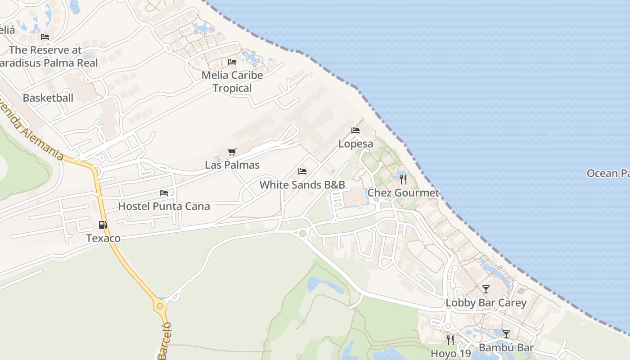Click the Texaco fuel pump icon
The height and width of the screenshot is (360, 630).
(x=103, y=225)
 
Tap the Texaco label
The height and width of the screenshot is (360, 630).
(x=103, y=238)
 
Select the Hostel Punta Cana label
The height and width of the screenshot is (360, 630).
(x=164, y=206)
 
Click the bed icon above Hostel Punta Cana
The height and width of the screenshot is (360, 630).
(x=164, y=193)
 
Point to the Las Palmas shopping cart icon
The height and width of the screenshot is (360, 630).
(x=232, y=152)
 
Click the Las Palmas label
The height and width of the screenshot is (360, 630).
(x=232, y=165)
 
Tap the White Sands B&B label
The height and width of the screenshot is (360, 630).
(x=302, y=184)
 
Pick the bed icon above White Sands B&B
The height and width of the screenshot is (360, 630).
(x=302, y=171)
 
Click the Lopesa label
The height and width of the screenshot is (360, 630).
(x=355, y=144)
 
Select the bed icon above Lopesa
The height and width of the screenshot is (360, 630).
(x=355, y=130)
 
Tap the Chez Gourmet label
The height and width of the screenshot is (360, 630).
(x=403, y=193)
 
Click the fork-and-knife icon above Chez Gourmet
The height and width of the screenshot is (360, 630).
(x=403, y=180)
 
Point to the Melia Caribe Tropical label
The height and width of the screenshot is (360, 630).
(x=232, y=81)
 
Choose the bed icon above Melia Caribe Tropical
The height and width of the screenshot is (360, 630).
(x=232, y=62)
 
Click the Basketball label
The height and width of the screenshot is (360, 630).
(x=48, y=98)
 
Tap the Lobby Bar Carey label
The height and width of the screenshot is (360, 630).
(x=486, y=302)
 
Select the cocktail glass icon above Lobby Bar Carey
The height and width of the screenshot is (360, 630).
(x=486, y=289)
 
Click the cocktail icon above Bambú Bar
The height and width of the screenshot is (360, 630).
(x=506, y=334)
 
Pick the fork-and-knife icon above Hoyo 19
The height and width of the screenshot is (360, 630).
(x=450, y=340)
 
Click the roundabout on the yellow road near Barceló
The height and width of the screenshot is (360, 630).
(x=160, y=306)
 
